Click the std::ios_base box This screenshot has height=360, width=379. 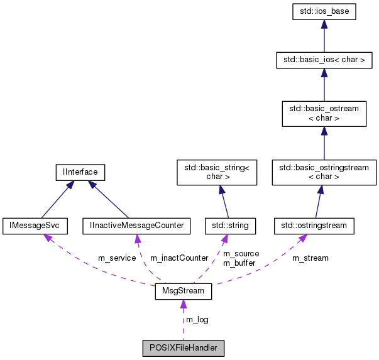[x=324, y=12]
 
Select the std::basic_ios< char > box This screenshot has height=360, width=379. [x=324, y=60]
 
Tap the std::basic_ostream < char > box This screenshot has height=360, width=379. [x=324, y=113]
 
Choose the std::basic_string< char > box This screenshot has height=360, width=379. [x=217, y=172]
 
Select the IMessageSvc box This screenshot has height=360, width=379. [x=30, y=224]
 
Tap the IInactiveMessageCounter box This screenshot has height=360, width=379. [x=136, y=224]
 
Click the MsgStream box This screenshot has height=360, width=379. [x=183, y=292]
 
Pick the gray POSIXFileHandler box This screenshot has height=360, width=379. [x=183, y=347]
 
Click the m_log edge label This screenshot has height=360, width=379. [x=197, y=320]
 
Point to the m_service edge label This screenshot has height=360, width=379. [x=117, y=258]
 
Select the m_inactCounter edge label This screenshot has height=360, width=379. [x=179, y=258]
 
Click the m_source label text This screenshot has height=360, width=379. [x=241, y=253]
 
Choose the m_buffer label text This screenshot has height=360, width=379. [x=239, y=263]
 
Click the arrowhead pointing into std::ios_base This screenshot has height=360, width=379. [x=324, y=24]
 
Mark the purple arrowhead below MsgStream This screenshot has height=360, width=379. [x=183, y=305]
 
